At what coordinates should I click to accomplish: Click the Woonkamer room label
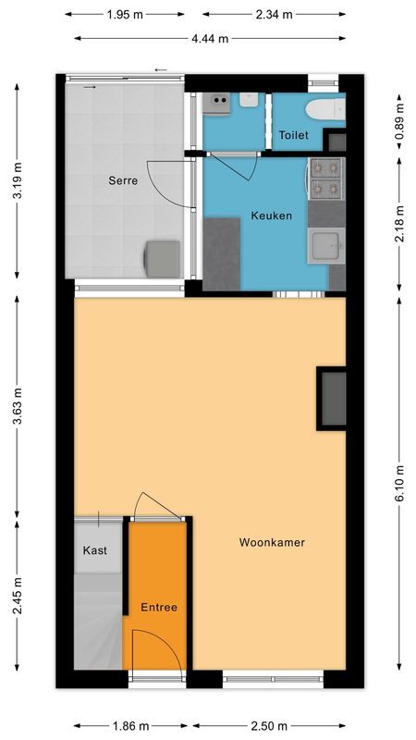(x=272, y=542)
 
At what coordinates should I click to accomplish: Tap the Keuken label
(x=272, y=216)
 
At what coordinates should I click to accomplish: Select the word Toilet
(x=294, y=135)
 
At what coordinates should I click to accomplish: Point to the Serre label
(x=123, y=180)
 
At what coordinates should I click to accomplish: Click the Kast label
(x=95, y=549)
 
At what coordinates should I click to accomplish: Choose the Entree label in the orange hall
(x=159, y=608)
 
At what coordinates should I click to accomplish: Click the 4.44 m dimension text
(x=210, y=39)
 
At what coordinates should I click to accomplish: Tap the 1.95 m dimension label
(x=124, y=15)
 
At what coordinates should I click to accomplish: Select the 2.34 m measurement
(x=274, y=15)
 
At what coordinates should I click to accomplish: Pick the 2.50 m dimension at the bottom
(x=273, y=726)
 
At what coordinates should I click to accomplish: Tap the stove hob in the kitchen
(x=326, y=179)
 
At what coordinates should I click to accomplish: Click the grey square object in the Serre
(x=163, y=258)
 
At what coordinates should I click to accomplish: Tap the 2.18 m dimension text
(x=399, y=224)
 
